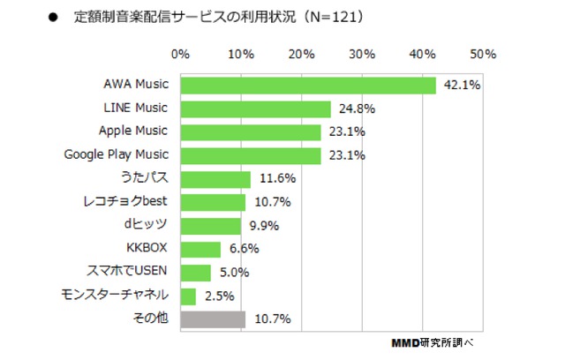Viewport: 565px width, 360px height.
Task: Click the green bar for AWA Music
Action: tap(308, 86)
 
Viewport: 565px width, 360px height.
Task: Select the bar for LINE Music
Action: tap(256, 109)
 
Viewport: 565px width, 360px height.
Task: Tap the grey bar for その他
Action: tap(213, 319)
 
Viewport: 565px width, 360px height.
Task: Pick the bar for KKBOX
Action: tap(200, 249)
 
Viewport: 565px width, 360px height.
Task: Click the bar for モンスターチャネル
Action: tap(188, 296)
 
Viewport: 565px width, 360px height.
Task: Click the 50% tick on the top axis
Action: tap(484, 54)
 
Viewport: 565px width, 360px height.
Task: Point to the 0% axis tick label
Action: tap(181, 54)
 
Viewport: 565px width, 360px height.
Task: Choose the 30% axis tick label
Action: tap(363, 54)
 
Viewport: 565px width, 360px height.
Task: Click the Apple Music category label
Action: tap(133, 131)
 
